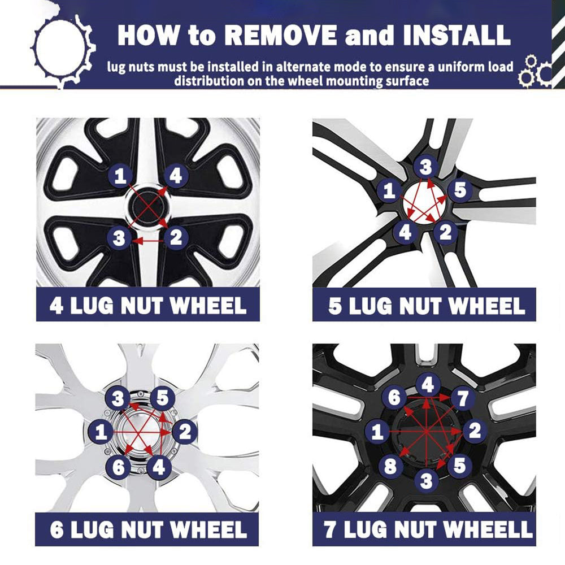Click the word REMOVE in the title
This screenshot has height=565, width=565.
tap(281, 35)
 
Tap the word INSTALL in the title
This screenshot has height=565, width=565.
tap(457, 35)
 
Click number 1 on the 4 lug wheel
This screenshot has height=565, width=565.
tap(120, 175)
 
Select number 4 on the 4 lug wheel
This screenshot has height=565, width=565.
tap(176, 176)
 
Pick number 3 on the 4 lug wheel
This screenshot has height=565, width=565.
tap(119, 238)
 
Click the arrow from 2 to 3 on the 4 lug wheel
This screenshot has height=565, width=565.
tap(148, 240)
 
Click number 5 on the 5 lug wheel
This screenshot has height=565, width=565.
tap(460, 190)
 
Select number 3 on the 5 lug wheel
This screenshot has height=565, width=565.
tap(425, 167)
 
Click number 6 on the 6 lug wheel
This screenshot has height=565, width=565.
tap(118, 467)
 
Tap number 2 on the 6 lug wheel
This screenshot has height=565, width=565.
tap(185, 431)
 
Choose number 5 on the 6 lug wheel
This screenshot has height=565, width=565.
tap(163, 398)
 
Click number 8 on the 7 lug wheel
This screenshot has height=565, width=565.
tap(391, 466)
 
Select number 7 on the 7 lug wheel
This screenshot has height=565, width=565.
tap(462, 398)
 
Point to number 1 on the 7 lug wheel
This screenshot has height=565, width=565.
tap(377, 431)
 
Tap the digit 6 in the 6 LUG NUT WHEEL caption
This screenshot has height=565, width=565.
tap(57, 529)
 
